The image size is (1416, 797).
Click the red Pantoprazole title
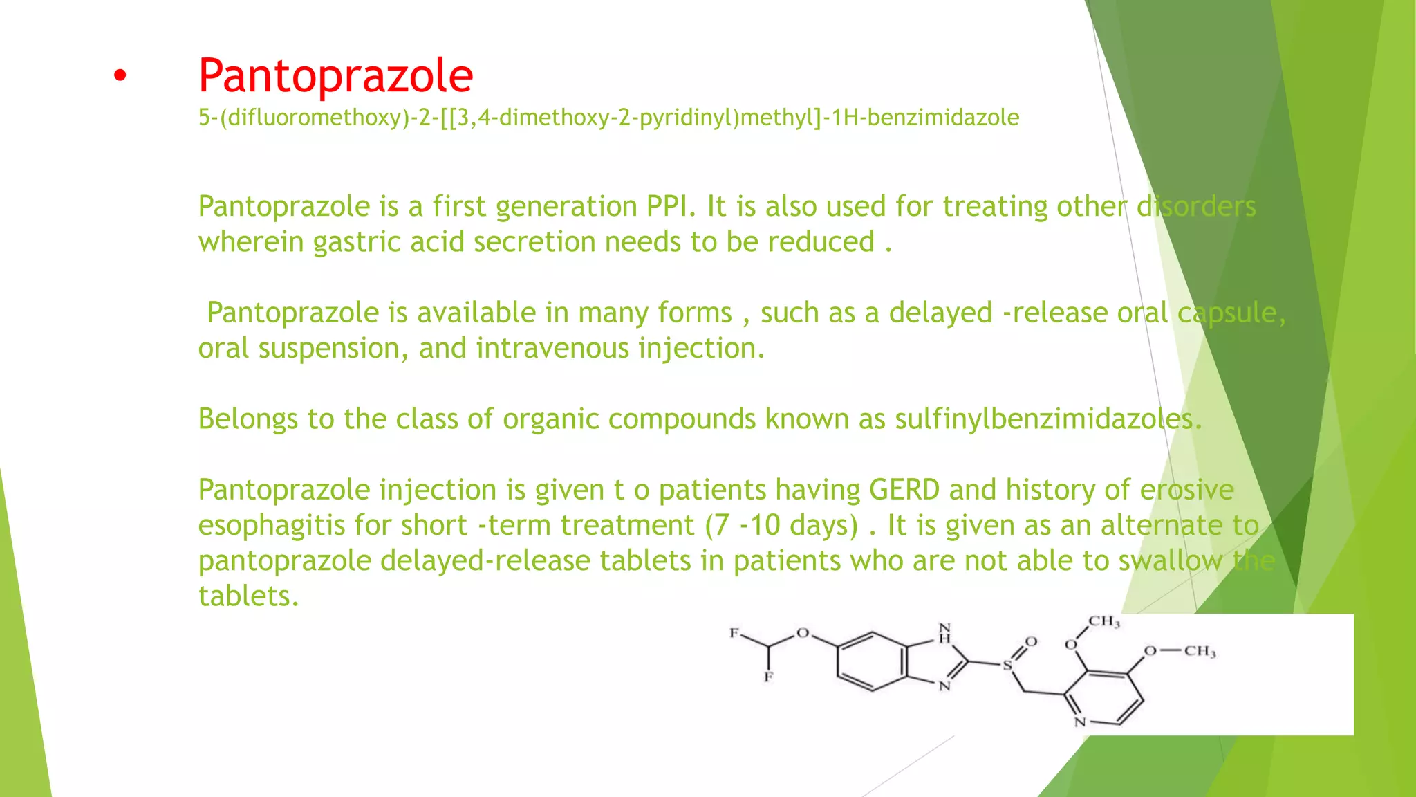[335, 75]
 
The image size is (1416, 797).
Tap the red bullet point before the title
[120, 77]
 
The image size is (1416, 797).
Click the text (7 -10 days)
[781, 526]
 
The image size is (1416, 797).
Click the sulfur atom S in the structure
[1007, 666]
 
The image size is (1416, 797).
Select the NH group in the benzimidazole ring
[944, 634]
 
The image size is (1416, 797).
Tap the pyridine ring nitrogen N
[1080, 722]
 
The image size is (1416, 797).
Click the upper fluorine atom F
[734, 633]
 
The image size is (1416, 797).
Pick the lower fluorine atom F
[768, 677]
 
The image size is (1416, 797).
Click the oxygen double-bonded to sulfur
[1031, 642]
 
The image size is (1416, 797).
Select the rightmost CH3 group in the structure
[1200, 652]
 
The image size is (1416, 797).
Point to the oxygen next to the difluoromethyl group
[803, 633]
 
